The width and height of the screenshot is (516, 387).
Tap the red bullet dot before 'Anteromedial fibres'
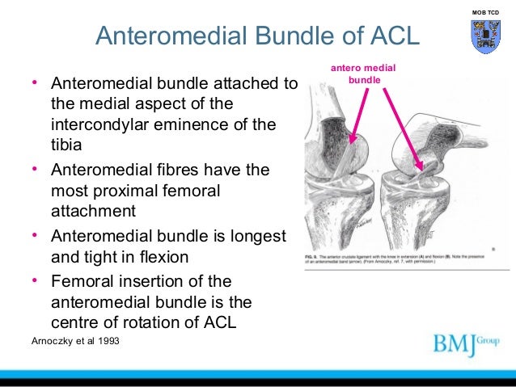35,170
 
